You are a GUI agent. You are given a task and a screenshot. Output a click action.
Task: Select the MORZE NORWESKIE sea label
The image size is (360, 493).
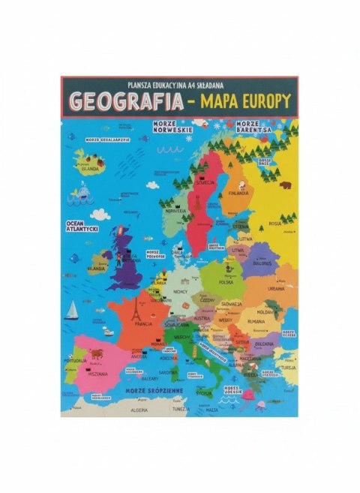click(x=172, y=127)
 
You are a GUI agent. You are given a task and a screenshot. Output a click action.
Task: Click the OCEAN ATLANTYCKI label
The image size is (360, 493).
click(x=83, y=227)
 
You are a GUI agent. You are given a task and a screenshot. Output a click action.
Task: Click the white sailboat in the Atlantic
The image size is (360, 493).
click(x=71, y=310)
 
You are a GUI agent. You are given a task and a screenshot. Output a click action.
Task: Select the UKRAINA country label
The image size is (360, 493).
click(x=276, y=288)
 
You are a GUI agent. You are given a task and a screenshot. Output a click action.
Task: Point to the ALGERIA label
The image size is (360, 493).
click(x=141, y=410)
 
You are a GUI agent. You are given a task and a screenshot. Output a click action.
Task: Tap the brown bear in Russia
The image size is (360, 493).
click(x=285, y=184)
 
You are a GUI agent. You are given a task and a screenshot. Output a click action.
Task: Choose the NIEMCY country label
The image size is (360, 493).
click(x=180, y=290)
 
